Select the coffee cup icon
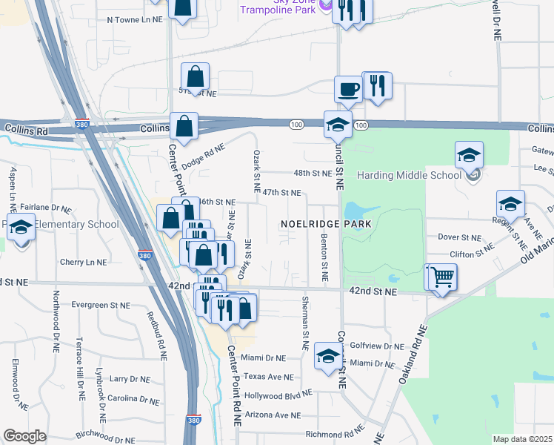347,90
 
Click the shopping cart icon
442,278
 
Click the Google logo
24,436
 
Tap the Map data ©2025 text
522,439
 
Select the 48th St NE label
312,173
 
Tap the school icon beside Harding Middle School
469,156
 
